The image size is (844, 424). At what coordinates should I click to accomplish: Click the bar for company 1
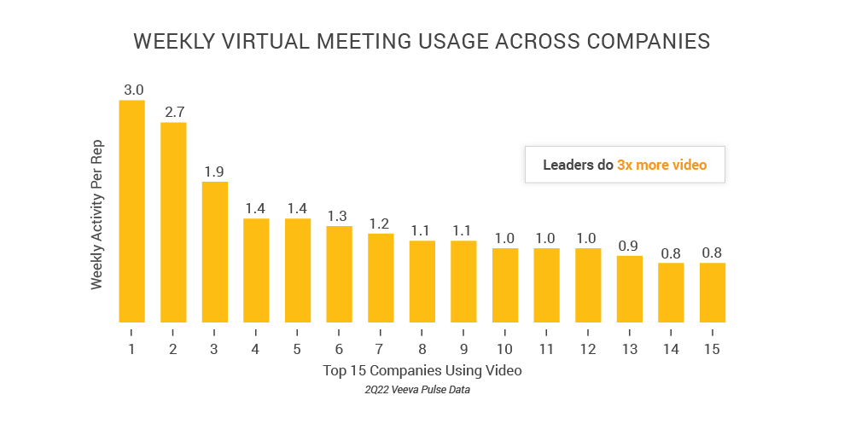click(131, 211)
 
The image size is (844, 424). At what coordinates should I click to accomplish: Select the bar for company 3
click(214, 252)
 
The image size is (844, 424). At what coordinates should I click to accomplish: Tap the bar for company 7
click(381, 277)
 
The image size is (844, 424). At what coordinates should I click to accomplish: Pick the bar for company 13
click(630, 288)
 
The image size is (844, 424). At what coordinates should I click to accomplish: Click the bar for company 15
click(713, 292)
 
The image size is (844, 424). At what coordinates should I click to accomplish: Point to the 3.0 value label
click(132, 90)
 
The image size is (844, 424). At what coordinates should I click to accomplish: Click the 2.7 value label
click(173, 112)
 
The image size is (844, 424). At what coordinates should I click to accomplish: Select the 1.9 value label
click(214, 171)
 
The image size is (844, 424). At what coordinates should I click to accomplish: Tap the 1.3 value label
click(339, 215)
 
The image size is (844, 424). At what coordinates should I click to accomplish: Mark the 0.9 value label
click(630, 245)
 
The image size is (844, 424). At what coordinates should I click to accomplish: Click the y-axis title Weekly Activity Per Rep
click(96, 213)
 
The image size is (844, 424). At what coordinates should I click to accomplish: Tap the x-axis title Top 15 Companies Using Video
click(422, 371)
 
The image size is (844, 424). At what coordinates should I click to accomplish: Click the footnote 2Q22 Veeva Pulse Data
click(422, 391)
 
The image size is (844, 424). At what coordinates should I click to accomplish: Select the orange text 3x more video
click(661, 165)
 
